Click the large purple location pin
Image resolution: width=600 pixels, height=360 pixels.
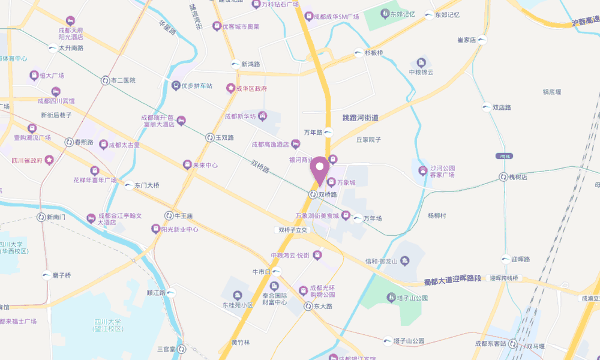(319, 170)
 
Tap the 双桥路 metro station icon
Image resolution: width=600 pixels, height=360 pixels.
(313, 194)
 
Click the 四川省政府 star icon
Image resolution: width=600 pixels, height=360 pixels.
(49, 160)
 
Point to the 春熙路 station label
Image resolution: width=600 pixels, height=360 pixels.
(84, 142)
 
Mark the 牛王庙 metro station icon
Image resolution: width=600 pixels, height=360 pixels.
(169, 215)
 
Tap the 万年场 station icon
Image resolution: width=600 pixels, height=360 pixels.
(358, 218)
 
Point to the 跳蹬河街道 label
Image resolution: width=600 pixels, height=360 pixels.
(360, 118)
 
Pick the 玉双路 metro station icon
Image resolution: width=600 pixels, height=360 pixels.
(210, 137)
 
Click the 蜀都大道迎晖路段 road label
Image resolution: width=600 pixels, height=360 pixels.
(452, 280)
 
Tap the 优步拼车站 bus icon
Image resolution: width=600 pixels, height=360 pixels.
(176, 86)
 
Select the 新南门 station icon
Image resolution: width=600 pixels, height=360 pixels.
(41, 217)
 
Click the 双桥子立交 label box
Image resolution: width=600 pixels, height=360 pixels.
(293, 230)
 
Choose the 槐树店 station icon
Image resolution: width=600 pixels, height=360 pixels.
(503, 177)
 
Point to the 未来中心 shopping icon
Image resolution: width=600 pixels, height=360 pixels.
(187, 164)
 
